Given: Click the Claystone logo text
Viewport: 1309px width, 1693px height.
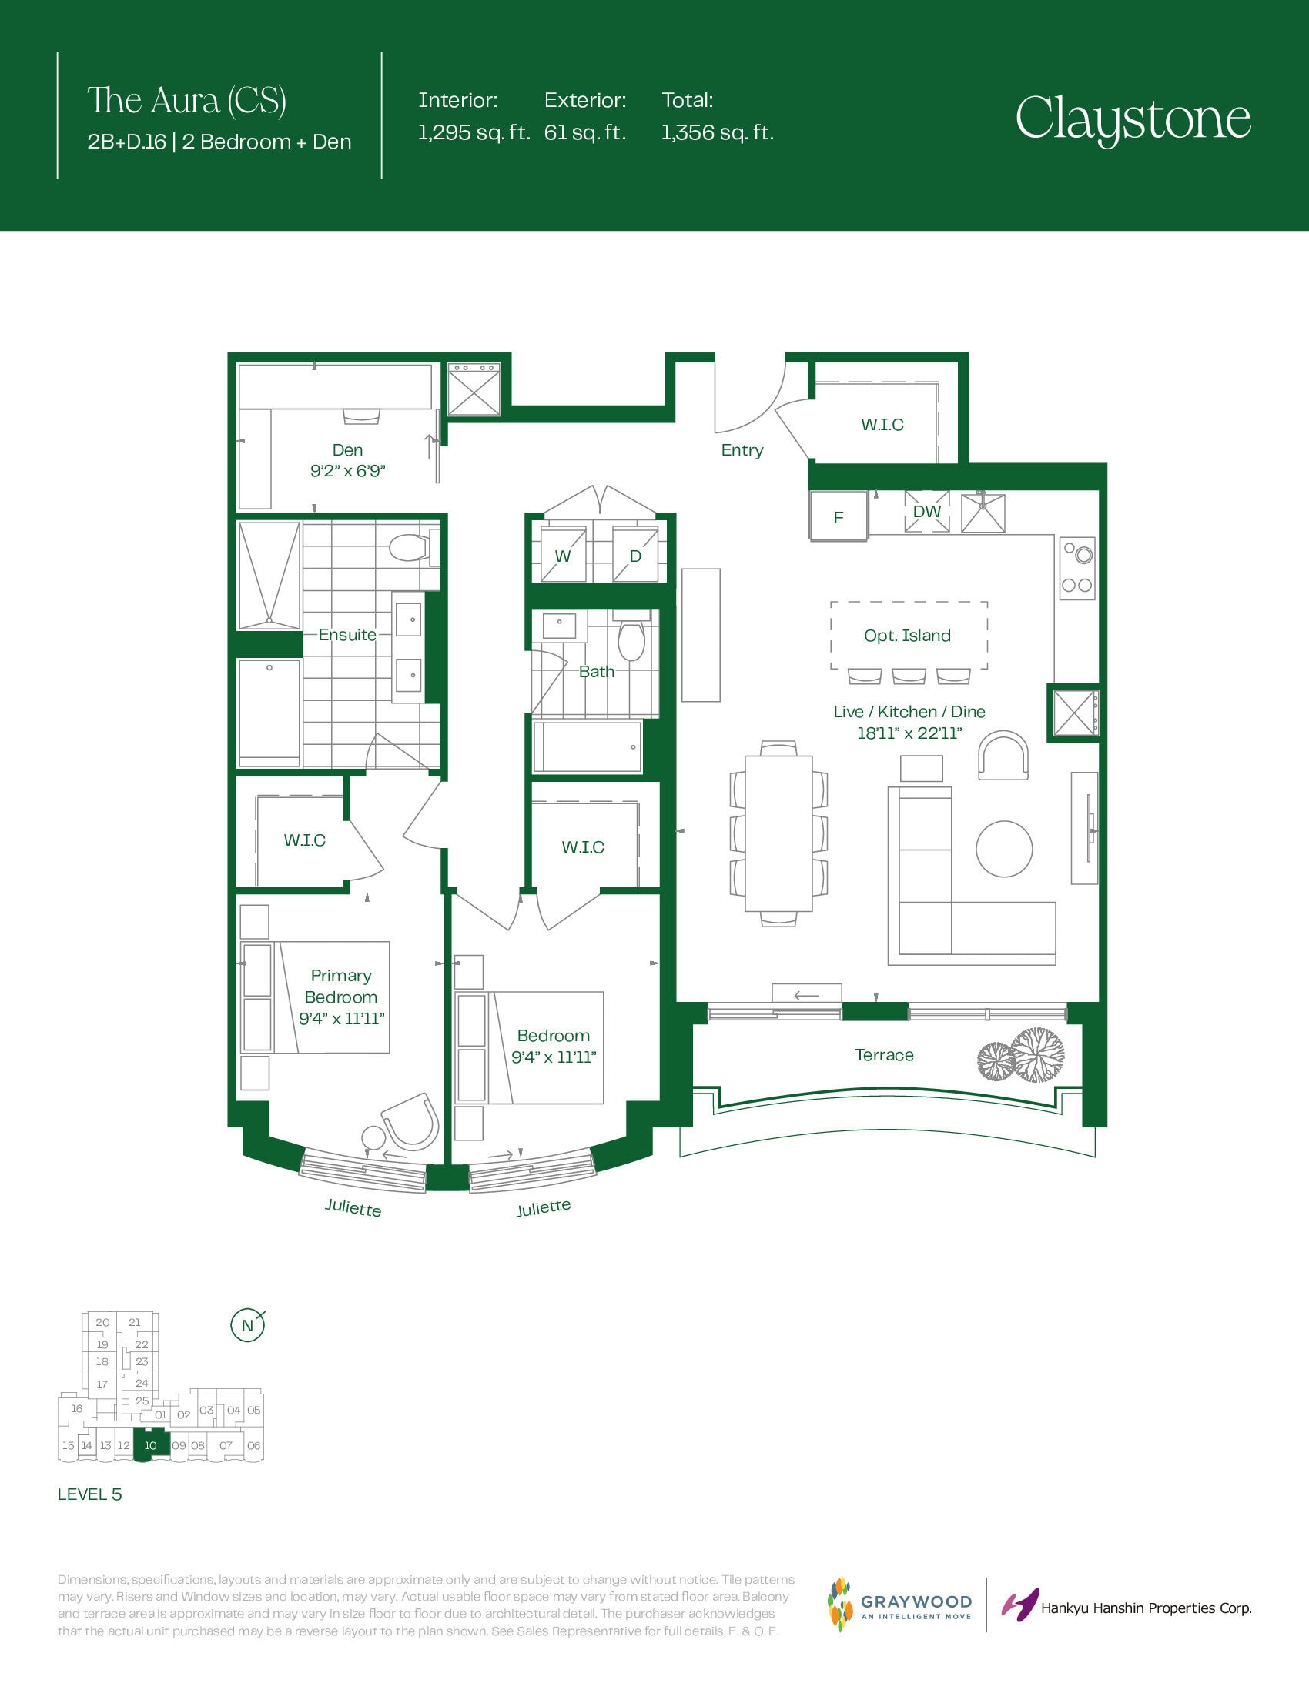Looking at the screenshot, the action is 1133,119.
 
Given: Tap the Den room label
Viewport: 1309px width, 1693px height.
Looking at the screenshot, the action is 347,450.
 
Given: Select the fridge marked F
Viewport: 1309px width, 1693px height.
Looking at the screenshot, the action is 839,516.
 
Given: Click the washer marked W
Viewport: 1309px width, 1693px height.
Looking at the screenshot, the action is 563,553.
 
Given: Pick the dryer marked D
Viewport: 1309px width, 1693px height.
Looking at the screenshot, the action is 636,553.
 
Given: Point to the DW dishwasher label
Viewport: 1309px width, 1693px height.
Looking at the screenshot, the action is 926,512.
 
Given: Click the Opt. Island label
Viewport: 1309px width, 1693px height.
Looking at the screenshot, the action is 907,636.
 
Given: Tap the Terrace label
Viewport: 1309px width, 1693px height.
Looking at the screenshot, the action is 884,1055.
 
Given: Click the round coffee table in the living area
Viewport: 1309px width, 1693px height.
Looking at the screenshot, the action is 1004,849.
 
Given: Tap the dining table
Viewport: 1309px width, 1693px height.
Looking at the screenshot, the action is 778,833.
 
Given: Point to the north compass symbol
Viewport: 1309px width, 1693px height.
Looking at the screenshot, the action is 248,1326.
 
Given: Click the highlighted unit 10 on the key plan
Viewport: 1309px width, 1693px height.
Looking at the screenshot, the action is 150,1445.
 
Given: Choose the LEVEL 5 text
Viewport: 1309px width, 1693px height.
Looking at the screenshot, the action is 90,1494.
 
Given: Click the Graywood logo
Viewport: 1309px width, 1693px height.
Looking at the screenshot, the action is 899,1605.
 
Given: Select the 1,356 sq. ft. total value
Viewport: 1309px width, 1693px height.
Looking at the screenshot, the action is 718,132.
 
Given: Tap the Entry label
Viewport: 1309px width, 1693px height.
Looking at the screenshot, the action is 742,450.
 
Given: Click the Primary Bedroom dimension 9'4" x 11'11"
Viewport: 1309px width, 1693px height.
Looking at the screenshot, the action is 342,1019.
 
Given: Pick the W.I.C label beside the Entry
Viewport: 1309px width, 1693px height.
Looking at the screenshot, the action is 882,425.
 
